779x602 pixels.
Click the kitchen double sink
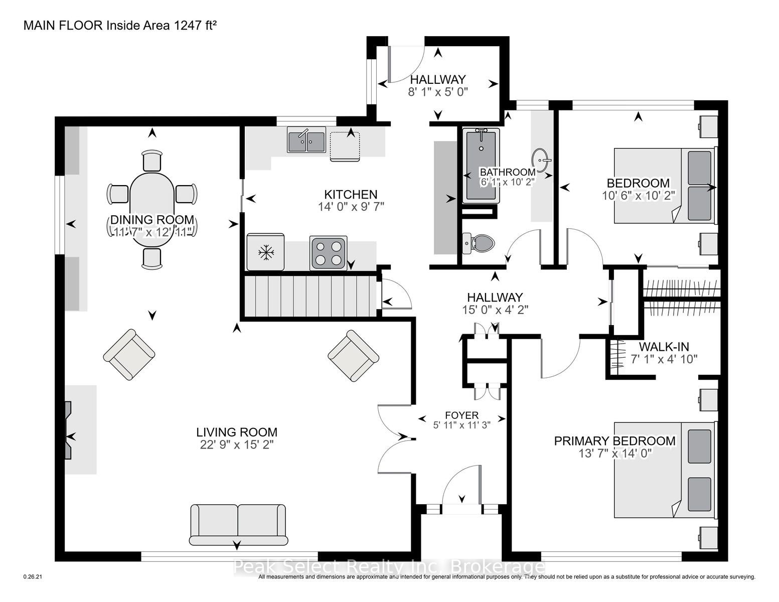(x=306, y=139)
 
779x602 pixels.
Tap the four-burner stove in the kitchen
(x=328, y=253)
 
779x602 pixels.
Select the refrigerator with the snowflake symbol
(x=265, y=252)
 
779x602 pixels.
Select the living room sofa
(x=238, y=525)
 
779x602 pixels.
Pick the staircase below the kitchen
(x=310, y=295)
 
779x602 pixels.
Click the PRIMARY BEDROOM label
(x=614, y=441)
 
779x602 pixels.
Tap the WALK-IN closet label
(x=663, y=347)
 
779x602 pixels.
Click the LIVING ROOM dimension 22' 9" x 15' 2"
(x=236, y=444)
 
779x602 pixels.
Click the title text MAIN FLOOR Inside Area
(x=98, y=26)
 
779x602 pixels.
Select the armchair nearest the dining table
(x=129, y=355)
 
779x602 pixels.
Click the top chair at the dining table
(x=152, y=161)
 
